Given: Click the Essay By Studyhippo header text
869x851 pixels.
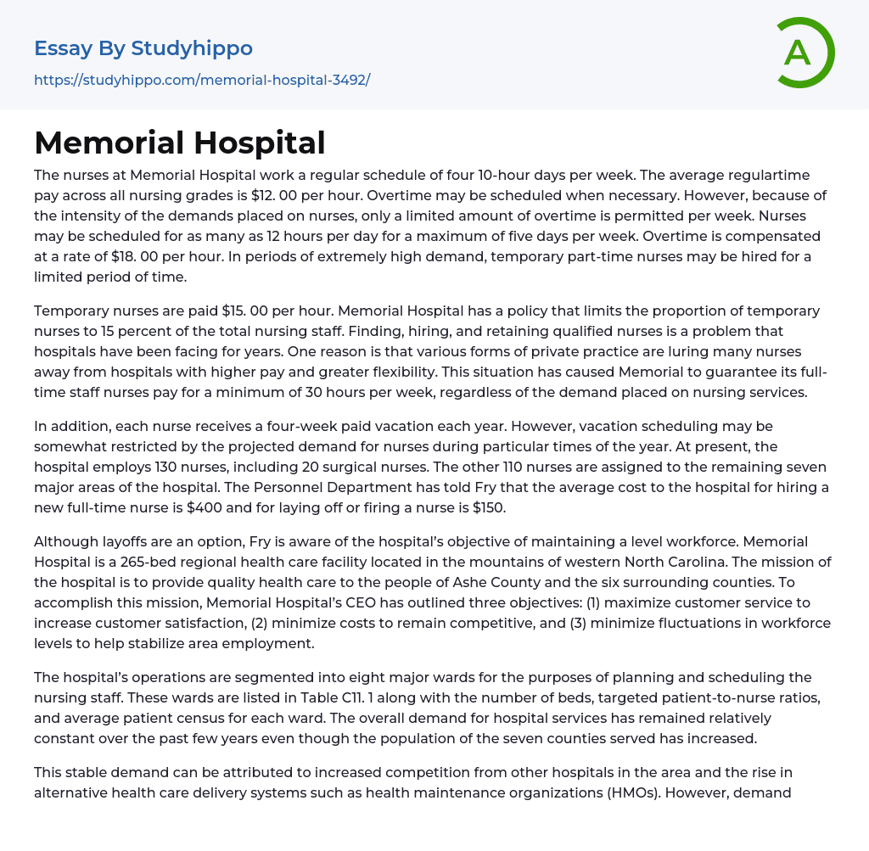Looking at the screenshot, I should click(143, 48).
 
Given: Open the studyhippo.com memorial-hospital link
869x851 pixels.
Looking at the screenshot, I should click(202, 80).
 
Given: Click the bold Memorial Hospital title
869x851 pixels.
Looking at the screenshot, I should click(180, 143).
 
